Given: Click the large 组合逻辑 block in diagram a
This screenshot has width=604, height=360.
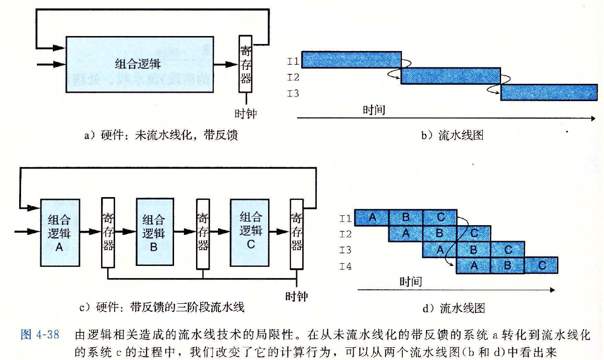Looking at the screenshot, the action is coord(139,64).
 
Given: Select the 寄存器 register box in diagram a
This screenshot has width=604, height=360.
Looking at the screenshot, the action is coord(246,64).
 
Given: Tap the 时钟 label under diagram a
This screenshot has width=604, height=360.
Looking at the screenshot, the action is coord(246,113).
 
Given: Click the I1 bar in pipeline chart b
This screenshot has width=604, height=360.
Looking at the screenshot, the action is coord(351,60).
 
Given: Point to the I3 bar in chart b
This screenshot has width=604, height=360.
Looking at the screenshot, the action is coord(549,92).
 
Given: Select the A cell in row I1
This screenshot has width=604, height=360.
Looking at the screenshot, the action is coord(372,218).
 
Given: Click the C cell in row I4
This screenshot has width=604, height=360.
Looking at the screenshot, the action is coord(541,265).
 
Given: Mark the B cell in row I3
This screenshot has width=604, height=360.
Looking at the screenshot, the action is coord(473,250).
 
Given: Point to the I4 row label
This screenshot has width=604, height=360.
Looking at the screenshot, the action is coord(346,267).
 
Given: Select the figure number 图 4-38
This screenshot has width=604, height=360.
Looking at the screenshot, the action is coord(40,336).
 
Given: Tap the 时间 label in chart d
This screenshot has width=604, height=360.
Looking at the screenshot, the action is coord(410,281).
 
